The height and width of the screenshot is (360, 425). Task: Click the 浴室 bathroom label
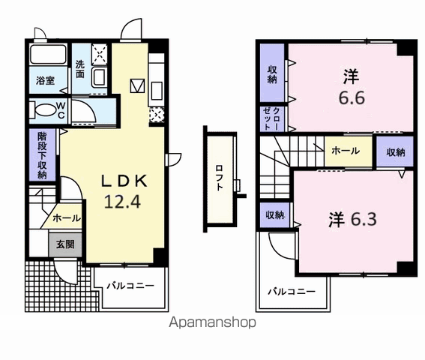45,80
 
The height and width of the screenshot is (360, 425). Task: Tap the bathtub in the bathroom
48,54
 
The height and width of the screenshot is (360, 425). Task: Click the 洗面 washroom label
80,69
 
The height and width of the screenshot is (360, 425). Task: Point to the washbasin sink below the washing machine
99,77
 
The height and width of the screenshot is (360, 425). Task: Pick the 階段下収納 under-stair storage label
42,155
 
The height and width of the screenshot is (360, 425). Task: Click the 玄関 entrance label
65,244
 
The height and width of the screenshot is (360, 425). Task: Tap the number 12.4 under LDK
122,202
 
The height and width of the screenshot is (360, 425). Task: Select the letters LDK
124,181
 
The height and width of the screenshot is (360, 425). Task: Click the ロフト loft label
219,178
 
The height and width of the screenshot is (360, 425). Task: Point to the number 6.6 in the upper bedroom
352,97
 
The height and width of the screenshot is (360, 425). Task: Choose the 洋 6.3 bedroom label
352,219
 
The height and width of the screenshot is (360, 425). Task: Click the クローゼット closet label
272,118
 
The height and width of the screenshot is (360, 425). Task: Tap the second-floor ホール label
346,151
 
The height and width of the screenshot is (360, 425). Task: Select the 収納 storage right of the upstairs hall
396,152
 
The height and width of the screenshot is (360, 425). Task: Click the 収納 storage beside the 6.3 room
275,214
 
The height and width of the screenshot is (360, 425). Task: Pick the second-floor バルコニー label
292,292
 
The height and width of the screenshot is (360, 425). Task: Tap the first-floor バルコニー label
130,286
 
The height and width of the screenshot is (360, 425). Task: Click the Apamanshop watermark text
213,322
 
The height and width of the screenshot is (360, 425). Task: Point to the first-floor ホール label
67,217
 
